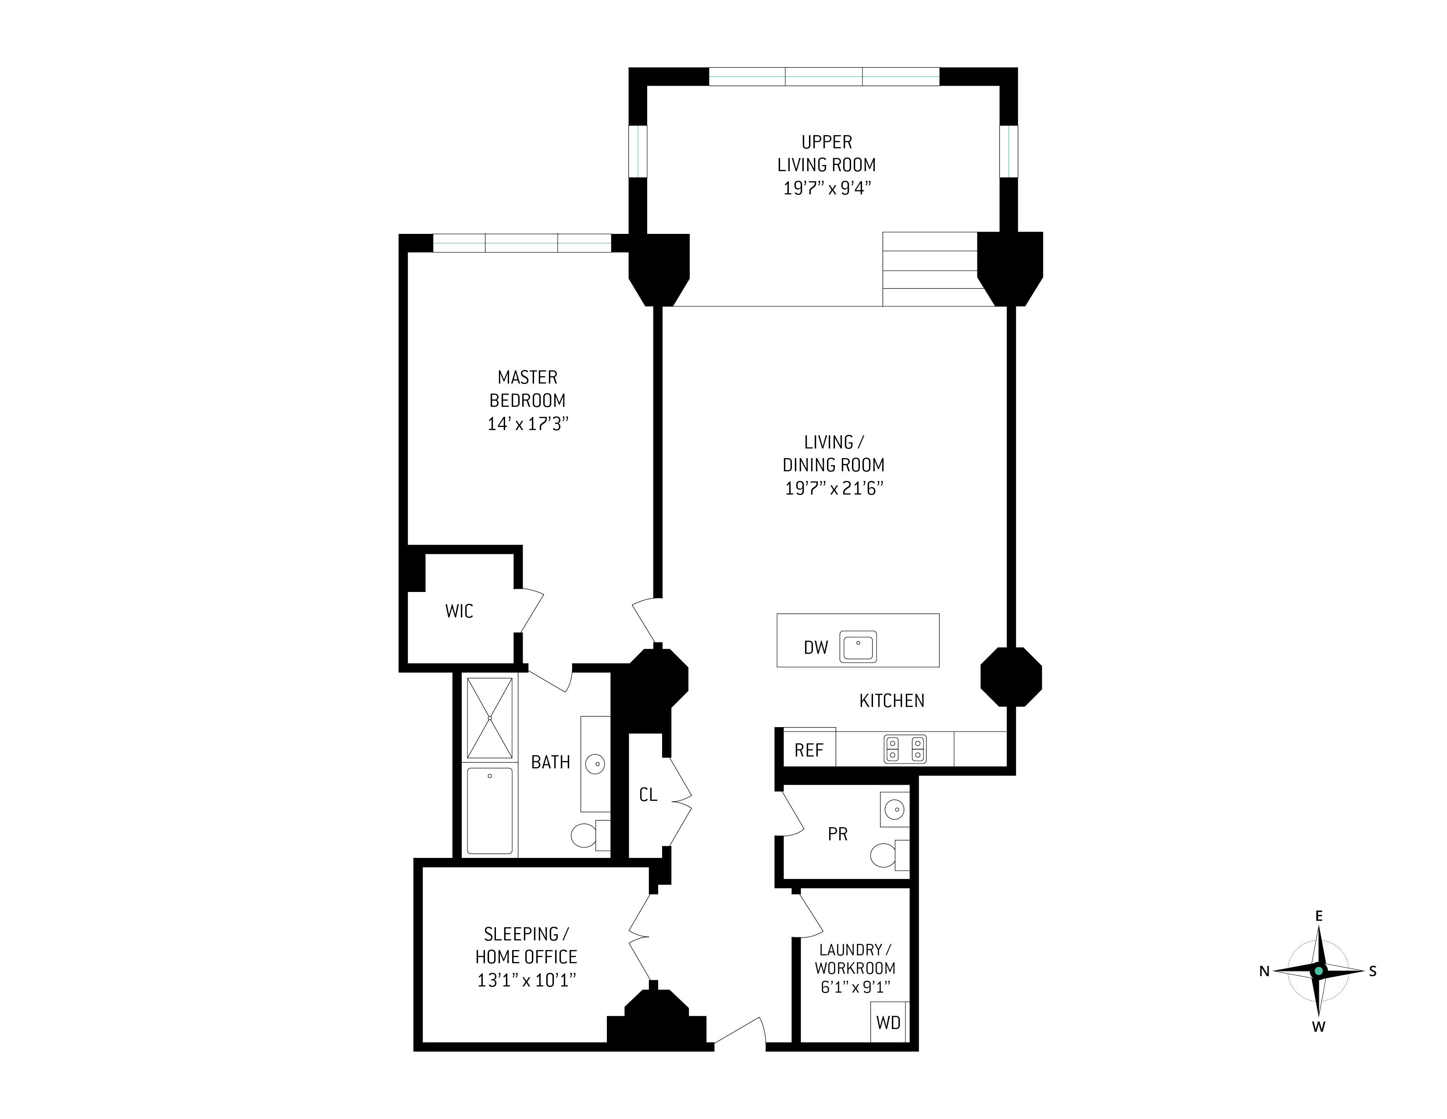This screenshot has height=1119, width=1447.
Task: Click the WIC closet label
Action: pos(459,611)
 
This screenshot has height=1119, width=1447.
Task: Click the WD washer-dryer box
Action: pos(888,1022)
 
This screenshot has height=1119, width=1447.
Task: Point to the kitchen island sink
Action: pos(858,646)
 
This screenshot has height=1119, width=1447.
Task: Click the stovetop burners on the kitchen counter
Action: pos(905,749)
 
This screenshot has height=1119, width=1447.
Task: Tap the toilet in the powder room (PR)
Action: pos(888,854)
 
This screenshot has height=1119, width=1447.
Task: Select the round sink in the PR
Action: pos(895,809)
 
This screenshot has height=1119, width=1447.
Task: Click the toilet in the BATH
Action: pos(590,835)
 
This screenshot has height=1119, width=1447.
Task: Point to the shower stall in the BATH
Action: pos(490,718)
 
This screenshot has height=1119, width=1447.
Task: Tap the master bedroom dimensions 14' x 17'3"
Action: pos(528,423)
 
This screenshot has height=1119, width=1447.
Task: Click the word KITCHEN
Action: pos(892,701)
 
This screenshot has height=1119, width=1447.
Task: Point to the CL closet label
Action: pos(648,795)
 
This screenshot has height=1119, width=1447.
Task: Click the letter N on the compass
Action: pos(1264,971)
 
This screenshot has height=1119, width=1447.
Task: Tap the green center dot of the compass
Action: pos(1319,971)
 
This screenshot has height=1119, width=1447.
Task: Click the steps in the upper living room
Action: pos(930,269)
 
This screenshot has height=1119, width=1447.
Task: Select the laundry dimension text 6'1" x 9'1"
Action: pos(855,987)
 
